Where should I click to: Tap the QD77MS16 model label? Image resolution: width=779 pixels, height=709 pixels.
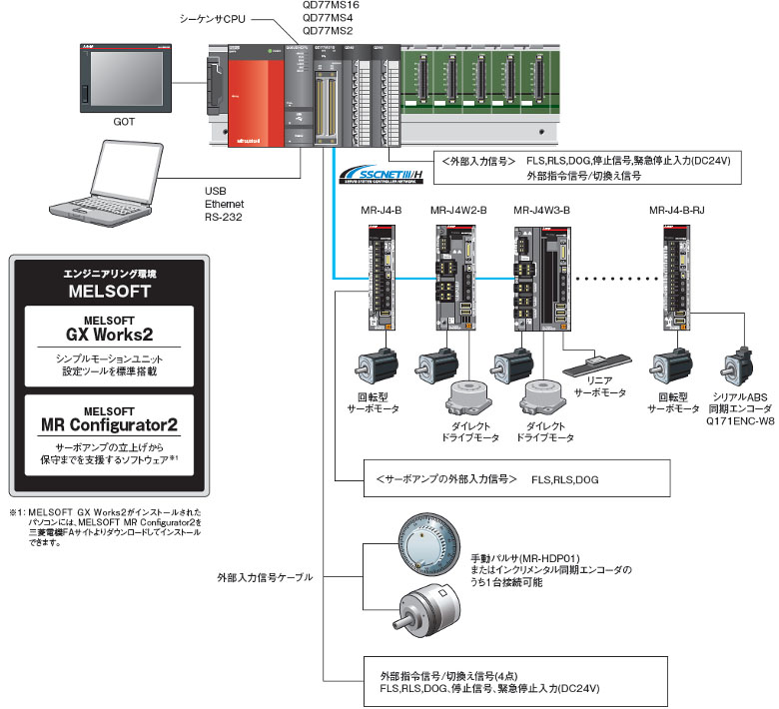click(330, 6)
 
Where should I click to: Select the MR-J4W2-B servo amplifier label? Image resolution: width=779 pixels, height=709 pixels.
click(458, 211)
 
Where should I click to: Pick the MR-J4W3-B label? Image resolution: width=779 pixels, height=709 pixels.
click(541, 211)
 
